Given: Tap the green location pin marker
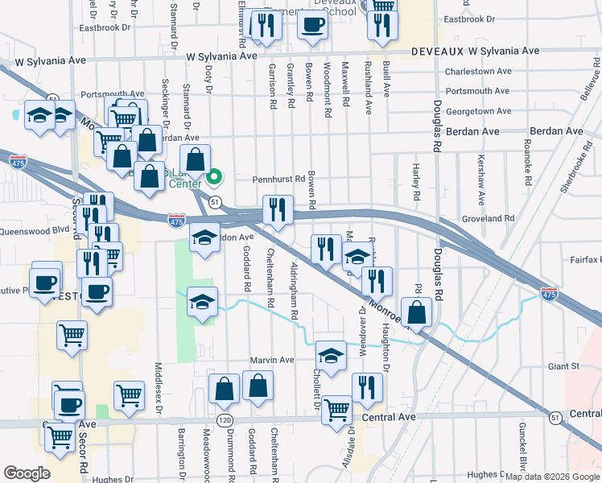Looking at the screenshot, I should [x=215, y=176].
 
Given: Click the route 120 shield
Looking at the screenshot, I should [x=225, y=420].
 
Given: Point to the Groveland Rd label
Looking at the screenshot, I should [x=487, y=218].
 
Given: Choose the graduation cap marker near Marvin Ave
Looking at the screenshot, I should [x=331, y=354].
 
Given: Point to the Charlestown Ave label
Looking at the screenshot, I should [x=478, y=71].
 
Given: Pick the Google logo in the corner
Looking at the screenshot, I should [x=26, y=473].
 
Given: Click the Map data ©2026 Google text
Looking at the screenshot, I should [x=552, y=477].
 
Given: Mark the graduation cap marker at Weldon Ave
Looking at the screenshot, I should [x=204, y=238].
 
